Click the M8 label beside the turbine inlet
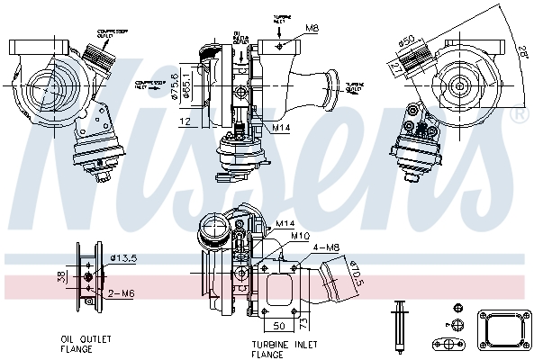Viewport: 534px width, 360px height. click(312, 29)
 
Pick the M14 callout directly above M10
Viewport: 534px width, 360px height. click(286, 222)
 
